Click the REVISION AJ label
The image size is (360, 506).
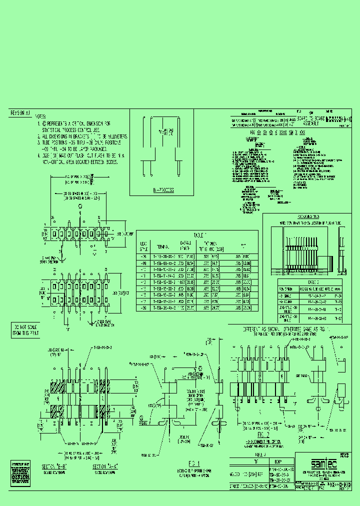click(x=21, y=113)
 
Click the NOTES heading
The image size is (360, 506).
click(x=43, y=114)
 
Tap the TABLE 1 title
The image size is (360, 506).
click(x=199, y=235)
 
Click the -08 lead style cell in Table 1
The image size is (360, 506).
click(x=143, y=256)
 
